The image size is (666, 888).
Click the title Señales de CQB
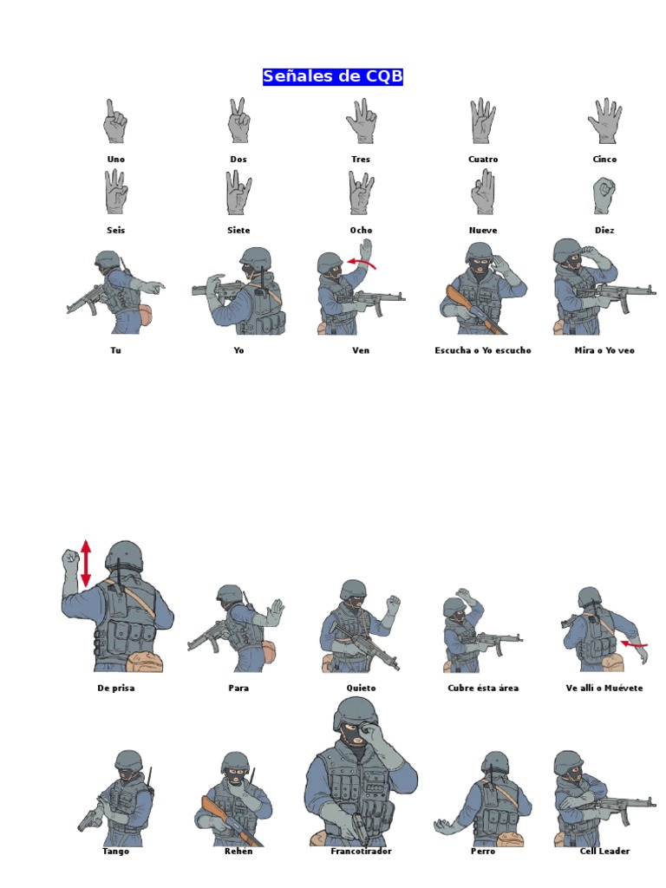click(x=333, y=77)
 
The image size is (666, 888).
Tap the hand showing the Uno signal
click(x=114, y=122)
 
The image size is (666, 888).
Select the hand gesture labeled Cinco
click(x=604, y=121)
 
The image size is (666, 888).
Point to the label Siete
click(x=238, y=231)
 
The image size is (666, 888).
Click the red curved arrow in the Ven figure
click(x=362, y=263)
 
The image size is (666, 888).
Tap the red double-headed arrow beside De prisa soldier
click(x=86, y=562)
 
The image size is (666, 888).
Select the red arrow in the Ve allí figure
click(x=634, y=644)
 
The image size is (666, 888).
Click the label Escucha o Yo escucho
click(x=482, y=350)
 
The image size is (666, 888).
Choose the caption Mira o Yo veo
click(x=604, y=350)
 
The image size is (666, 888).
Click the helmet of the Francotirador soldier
click(x=356, y=714)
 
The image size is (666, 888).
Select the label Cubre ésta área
click(x=483, y=688)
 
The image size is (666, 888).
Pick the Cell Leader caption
click(x=604, y=851)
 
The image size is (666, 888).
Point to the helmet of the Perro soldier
click(x=495, y=764)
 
